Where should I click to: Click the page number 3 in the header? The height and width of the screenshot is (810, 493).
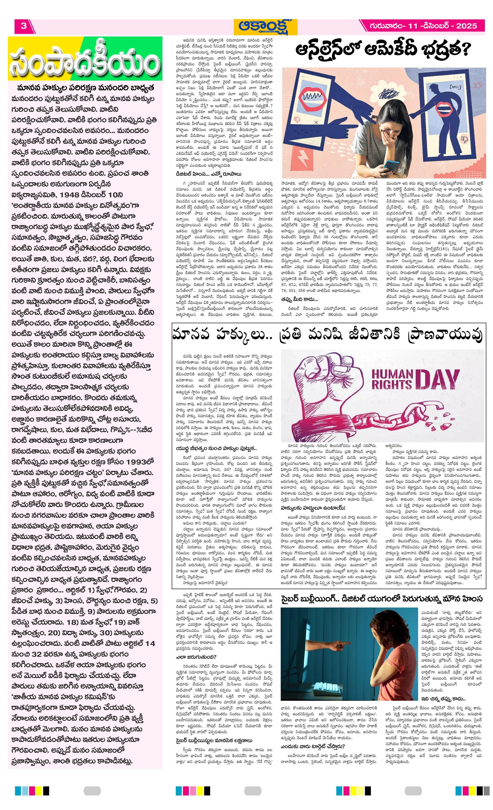[23, 26]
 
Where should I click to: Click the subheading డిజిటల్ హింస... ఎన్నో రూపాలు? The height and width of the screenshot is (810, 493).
[209, 174]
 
